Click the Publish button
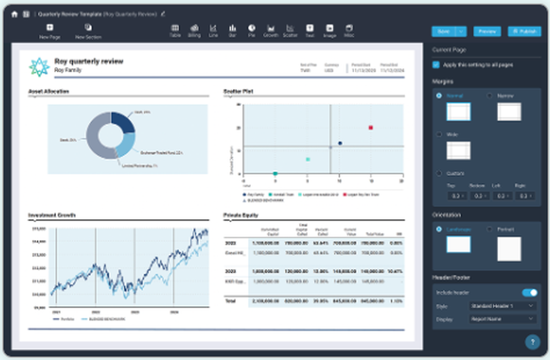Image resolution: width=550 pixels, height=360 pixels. (524, 31)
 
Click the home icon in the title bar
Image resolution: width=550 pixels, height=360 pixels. (14, 14)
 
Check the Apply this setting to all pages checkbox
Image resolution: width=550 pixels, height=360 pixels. (436, 65)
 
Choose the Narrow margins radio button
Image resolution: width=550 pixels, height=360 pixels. (490, 96)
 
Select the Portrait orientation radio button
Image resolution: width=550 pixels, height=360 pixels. (490, 229)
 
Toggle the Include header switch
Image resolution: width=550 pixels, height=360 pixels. (530, 292)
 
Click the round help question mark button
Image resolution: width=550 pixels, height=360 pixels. (532, 342)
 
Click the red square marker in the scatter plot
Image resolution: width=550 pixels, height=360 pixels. (371, 128)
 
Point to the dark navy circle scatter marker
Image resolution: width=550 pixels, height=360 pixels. (340, 143)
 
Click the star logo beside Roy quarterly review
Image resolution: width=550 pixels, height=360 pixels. (39, 66)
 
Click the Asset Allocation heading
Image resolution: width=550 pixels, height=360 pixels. (48, 91)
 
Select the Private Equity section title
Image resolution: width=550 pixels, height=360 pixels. (241, 215)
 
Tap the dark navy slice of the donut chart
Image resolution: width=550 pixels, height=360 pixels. (122, 122)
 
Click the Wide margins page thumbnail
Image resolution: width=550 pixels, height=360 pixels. (458, 150)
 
